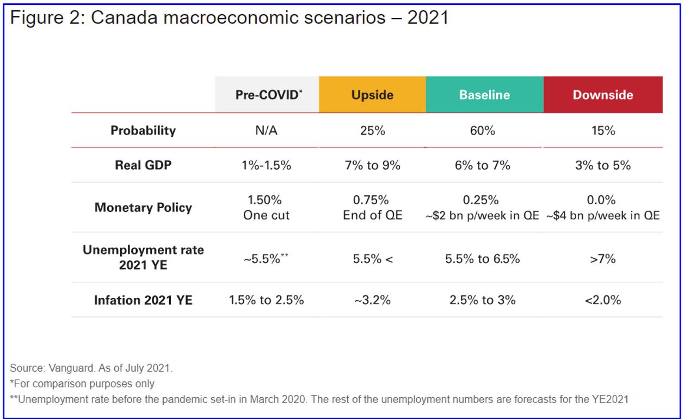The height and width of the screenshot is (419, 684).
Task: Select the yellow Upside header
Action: coord(372,95)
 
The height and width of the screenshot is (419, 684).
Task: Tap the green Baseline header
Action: coord(484,95)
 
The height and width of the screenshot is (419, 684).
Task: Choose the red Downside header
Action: coord(603,95)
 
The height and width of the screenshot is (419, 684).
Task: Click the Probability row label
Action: coord(143,131)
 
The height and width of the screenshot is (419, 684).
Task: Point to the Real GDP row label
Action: coord(143,165)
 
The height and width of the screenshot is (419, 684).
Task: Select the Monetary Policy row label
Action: coord(143,208)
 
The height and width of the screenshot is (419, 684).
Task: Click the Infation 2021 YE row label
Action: coord(143,300)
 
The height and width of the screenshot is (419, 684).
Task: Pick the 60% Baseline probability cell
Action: coord(483,131)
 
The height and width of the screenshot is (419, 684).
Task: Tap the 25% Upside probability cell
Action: coord(372,131)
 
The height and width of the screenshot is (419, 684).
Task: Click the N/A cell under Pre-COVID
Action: coord(267,131)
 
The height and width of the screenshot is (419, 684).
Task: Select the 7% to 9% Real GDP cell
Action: coord(372,165)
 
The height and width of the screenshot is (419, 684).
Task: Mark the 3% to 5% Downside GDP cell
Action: coord(603,165)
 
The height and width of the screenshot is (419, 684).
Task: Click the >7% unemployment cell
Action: coord(603,259)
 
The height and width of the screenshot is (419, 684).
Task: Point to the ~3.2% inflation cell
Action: coord(372,300)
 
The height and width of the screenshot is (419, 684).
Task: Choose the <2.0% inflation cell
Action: coord(603,300)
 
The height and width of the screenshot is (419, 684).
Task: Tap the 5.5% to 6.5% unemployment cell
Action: coord(483,259)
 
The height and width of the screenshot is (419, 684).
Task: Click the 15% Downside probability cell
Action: coord(603,131)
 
